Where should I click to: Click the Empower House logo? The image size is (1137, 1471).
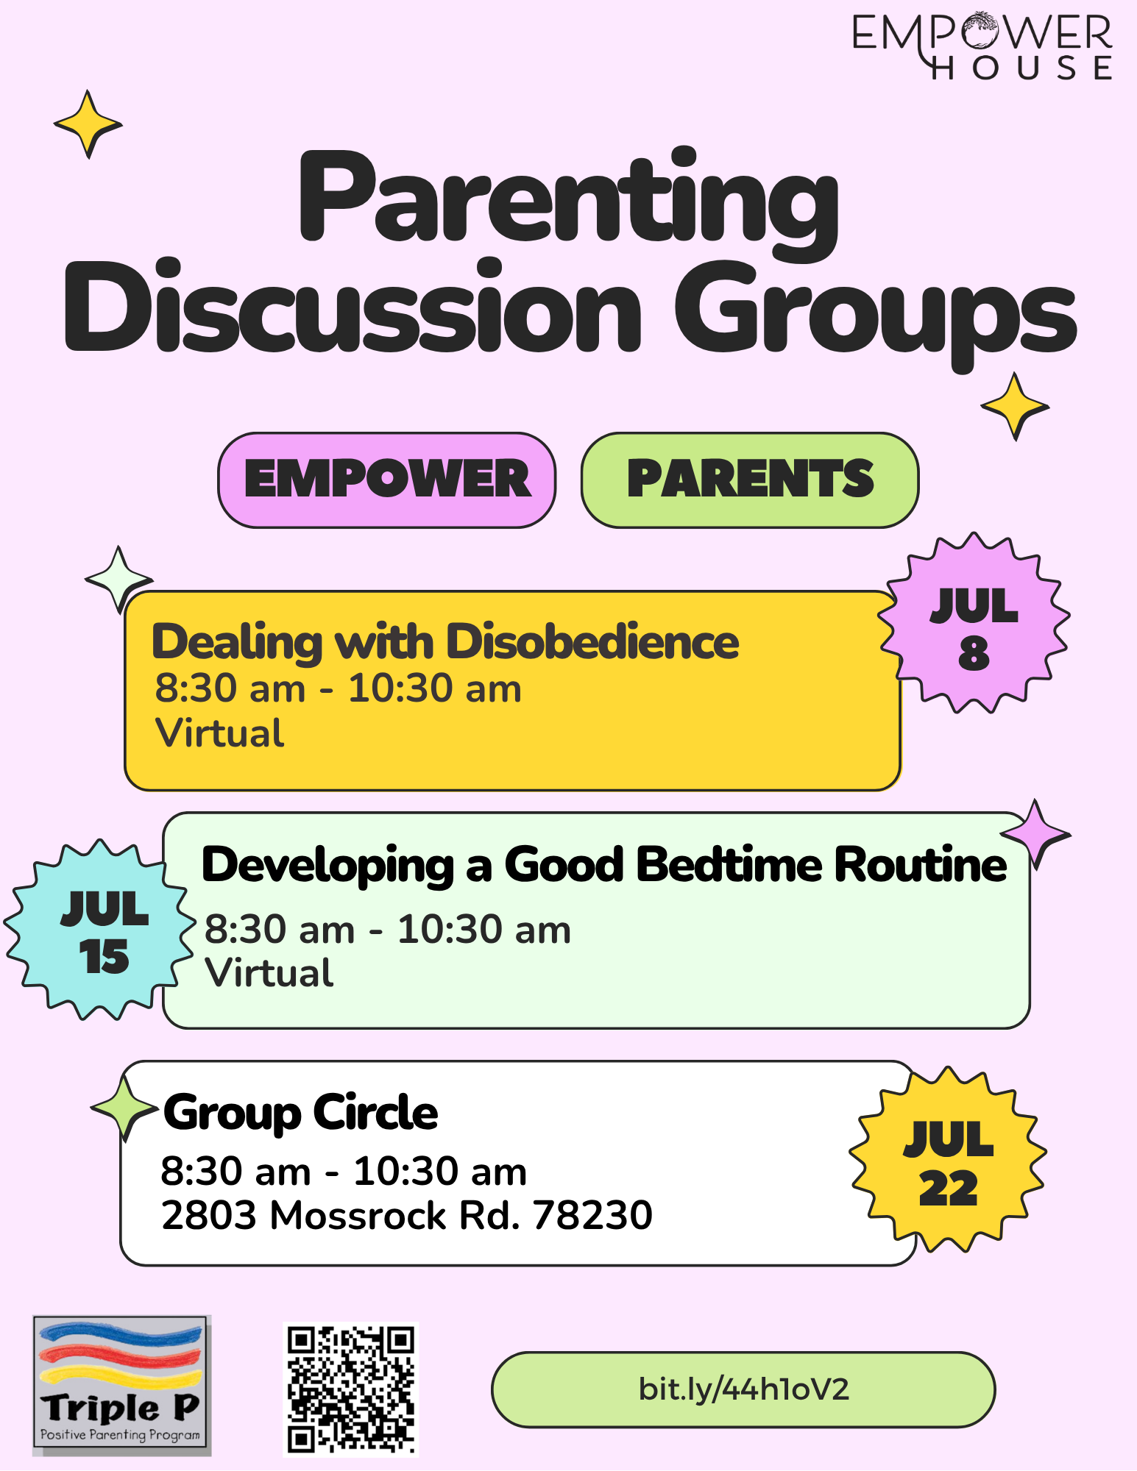(x=982, y=46)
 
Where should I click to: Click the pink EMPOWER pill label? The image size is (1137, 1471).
(x=387, y=480)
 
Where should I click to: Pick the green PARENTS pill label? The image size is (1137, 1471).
(x=750, y=480)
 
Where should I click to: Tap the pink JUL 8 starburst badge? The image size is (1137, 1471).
(x=974, y=623)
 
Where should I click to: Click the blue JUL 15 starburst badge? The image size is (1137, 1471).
(x=101, y=930)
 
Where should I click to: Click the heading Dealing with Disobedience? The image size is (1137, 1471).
(x=445, y=642)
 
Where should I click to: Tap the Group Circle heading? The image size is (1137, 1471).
(x=300, y=1113)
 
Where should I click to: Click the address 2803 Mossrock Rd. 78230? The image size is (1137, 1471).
(x=407, y=1215)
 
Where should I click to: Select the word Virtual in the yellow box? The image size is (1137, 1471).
(x=219, y=733)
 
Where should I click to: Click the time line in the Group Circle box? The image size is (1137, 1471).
(x=344, y=1171)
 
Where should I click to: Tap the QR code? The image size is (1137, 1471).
(x=351, y=1389)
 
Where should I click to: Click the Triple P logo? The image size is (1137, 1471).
(x=122, y=1386)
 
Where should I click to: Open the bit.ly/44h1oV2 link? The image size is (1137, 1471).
(x=743, y=1389)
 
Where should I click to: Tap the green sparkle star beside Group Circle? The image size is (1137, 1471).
(x=125, y=1108)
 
